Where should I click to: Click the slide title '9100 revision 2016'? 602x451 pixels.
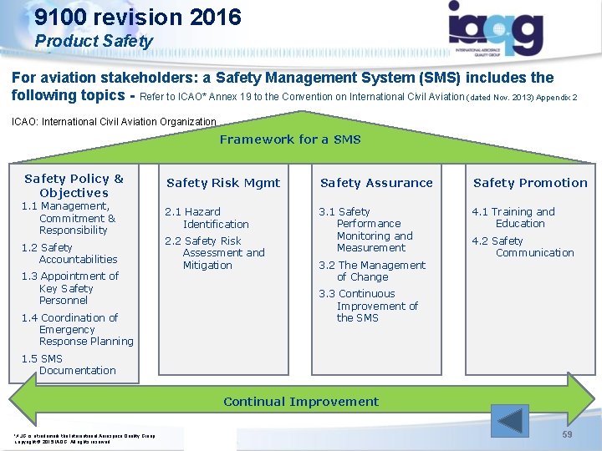[x=138, y=17]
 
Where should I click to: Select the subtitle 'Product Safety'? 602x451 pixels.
[x=94, y=40]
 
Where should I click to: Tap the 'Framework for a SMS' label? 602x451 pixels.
[x=290, y=139]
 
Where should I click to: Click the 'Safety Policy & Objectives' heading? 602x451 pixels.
[x=74, y=185]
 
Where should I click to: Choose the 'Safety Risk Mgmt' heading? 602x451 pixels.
[x=223, y=183]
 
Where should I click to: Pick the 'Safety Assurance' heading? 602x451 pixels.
[x=376, y=183]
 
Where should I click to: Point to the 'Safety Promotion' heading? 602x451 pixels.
[x=530, y=183]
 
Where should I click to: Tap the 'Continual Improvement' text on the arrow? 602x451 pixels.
[x=300, y=402]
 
